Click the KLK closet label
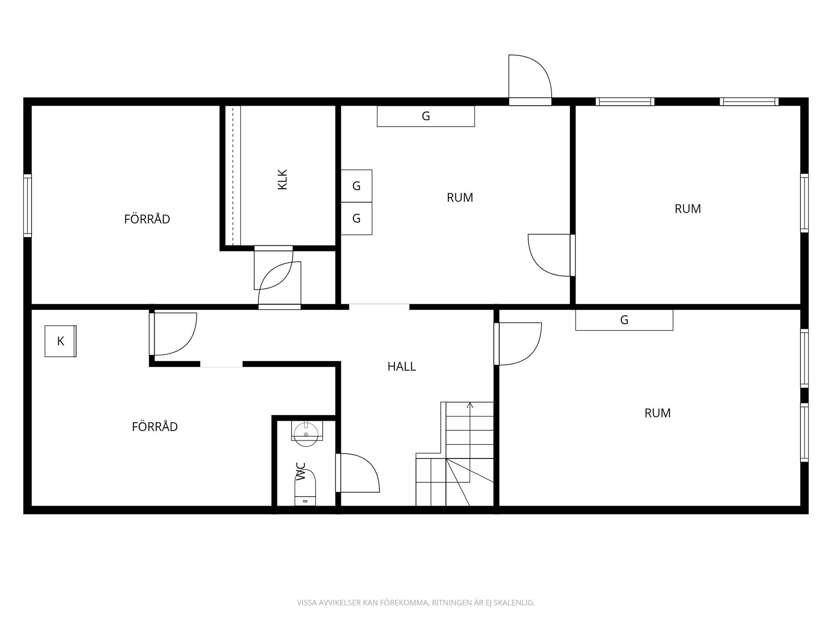(x=283, y=179)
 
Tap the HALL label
(x=402, y=367)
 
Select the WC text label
(x=301, y=471)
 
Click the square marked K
(x=61, y=341)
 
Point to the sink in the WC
(x=306, y=433)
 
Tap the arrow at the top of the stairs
(x=470, y=406)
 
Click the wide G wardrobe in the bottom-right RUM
(x=624, y=320)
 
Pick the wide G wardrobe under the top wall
(x=426, y=116)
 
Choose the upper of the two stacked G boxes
(x=356, y=186)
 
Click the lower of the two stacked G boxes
(x=356, y=218)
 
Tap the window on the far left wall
(x=27, y=205)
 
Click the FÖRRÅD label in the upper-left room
(x=147, y=219)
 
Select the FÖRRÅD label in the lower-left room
(x=155, y=426)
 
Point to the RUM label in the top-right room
(x=688, y=209)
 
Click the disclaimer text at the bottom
(x=416, y=603)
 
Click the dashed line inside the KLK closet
(x=233, y=175)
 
